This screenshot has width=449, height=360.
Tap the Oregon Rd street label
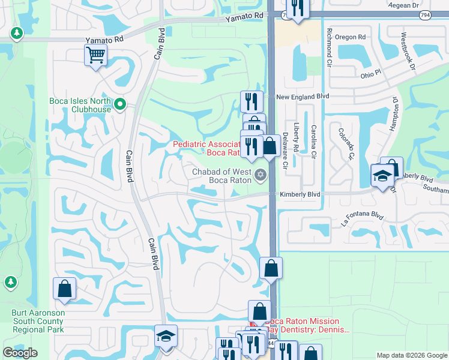pos(354,37)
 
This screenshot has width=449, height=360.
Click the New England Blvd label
pos(303,97)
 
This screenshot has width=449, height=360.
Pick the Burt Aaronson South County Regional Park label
pos(37,322)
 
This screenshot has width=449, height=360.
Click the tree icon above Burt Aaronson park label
pos(10,282)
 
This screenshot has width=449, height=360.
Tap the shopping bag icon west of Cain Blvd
pos(64,289)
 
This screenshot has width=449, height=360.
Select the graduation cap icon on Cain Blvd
pos(166,336)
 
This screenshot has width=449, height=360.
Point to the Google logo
pos(20,353)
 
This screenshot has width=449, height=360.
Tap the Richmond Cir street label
pos(328,45)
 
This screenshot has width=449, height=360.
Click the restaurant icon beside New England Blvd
pos(252,101)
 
